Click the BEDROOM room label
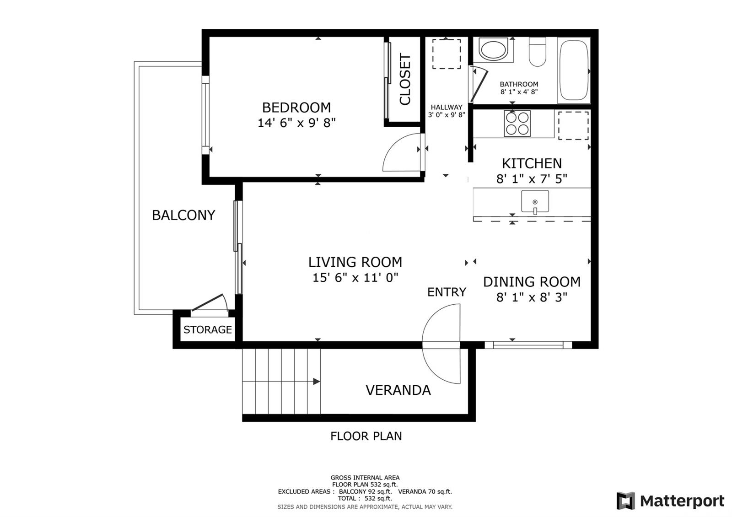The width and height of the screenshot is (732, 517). [296, 108]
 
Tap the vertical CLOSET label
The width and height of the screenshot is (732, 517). [405, 80]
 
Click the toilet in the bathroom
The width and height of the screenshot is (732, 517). [537, 52]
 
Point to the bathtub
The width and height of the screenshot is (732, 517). [574, 70]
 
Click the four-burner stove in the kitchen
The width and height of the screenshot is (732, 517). [517, 123]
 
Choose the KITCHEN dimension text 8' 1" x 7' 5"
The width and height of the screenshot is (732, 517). [532, 179]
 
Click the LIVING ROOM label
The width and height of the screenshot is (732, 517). [355, 262]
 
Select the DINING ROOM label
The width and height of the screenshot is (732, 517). [532, 282]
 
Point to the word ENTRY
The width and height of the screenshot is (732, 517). [447, 292]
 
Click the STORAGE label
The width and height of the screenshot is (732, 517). [208, 329]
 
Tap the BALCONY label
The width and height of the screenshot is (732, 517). [183, 215]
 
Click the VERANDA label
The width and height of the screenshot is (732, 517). [398, 390]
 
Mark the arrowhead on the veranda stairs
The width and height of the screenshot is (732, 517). [316, 382]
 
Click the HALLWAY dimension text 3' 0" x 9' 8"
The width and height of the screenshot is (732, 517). [447, 115]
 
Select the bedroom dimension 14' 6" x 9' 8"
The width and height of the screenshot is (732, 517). [296, 123]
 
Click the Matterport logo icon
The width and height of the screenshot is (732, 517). [626, 501]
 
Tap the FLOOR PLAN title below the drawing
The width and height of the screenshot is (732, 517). [366, 436]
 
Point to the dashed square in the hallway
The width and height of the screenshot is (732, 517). [447, 54]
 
